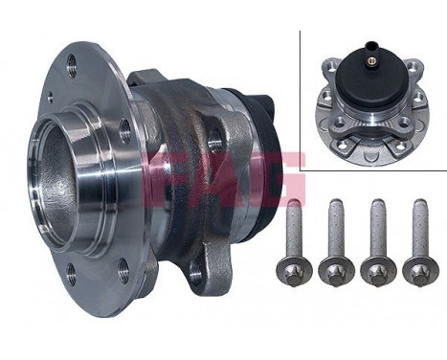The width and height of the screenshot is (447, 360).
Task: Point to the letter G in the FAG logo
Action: (278, 177)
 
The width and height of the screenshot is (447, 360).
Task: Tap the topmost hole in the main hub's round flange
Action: (74, 66)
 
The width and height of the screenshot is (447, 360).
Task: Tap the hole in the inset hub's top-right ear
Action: (411, 66)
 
